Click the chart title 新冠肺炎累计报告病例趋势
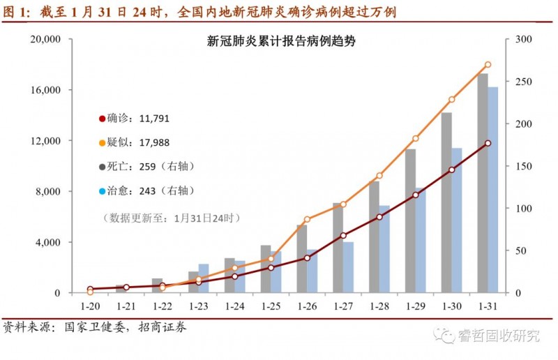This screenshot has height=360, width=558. pyautogui.click(x=281, y=41)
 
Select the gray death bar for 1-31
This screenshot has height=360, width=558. pyautogui.click(x=483, y=183)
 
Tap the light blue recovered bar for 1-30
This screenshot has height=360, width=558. pyautogui.click(x=457, y=220)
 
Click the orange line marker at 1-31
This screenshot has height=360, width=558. pyautogui.click(x=488, y=65)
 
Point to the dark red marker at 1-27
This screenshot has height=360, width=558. pyautogui.click(x=343, y=235)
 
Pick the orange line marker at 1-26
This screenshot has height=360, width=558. pyautogui.click(x=307, y=219)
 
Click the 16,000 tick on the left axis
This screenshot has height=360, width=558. pyautogui.click(x=45, y=90)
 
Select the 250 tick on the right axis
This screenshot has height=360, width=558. pyautogui.click(x=524, y=82)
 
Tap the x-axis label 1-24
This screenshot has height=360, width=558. pyautogui.click(x=235, y=306)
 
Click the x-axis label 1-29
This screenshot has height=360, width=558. pyautogui.click(x=416, y=306)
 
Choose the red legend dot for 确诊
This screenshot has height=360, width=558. pyautogui.click(x=102, y=119)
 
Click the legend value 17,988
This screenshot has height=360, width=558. pyautogui.click(x=154, y=143)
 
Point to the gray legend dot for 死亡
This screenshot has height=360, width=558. pyautogui.click(x=102, y=167)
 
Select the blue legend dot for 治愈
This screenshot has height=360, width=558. pyautogui.click(x=102, y=191)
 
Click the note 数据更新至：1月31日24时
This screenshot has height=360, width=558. pyautogui.click(x=172, y=218)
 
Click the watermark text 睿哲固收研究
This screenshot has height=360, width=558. pyautogui.click(x=499, y=336)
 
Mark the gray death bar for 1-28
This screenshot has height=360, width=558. pyautogui.click(x=374, y=237)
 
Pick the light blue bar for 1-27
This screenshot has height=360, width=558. pyautogui.click(x=348, y=267)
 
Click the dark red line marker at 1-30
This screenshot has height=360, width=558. pyautogui.click(x=451, y=170)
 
